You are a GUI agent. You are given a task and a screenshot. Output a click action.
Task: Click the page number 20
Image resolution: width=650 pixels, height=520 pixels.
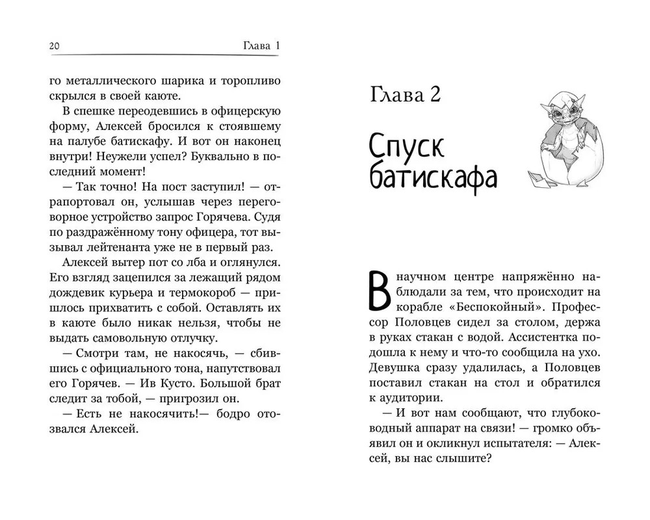coord(55,46)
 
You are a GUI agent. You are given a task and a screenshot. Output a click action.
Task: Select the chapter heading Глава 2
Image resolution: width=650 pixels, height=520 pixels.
coord(405,96)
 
